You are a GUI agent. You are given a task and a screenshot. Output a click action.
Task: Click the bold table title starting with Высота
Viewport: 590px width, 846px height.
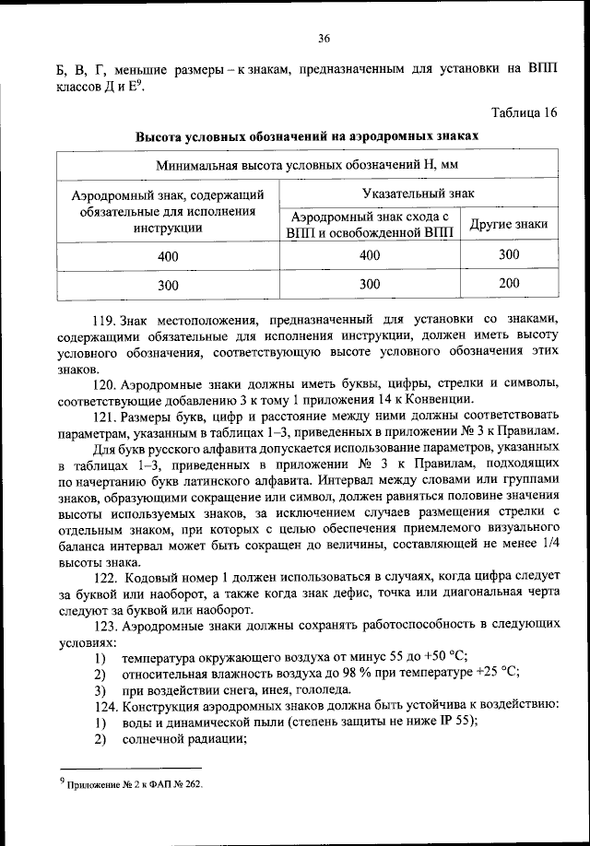pyautogui.click(x=308, y=135)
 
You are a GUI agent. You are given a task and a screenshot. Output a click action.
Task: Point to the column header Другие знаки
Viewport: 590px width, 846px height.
pyautogui.click(x=509, y=224)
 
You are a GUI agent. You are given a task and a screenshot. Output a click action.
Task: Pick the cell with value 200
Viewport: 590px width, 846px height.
pyautogui.click(x=509, y=284)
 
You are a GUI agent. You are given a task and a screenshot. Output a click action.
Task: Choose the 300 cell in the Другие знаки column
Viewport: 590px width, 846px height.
pyautogui.click(x=509, y=254)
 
